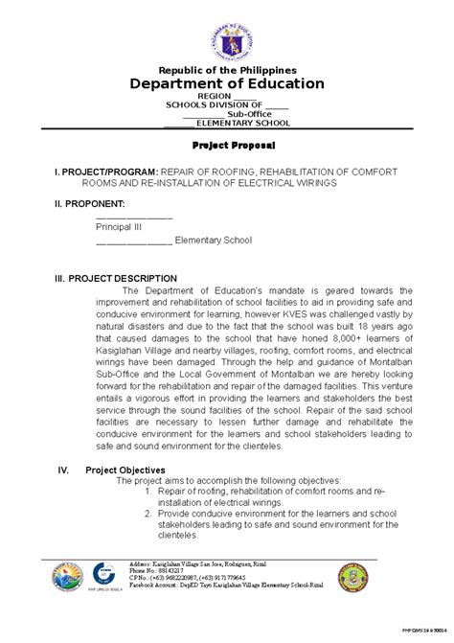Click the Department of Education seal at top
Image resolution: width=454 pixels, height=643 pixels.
click(227, 33)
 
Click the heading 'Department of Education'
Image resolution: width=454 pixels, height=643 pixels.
click(227, 84)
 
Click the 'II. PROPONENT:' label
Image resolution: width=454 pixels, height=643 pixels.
click(90, 203)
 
